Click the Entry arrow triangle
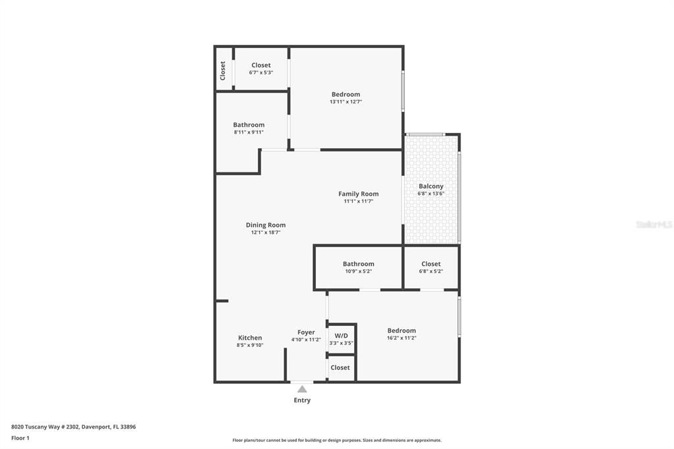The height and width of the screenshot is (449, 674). [x=302, y=389]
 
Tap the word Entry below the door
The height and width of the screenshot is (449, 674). [x=302, y=400]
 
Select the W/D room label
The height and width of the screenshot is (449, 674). [x=341, y=335]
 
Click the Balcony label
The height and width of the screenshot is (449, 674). [x=431, y=186]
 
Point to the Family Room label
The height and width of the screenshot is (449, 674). [x=358, y=194]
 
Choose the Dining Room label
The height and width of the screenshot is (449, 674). [x=266, y=225]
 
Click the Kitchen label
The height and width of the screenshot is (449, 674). [x=250, y=338]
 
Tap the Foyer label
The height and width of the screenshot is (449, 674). [x=306, y=332]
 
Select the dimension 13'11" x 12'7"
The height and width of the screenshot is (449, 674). [x=346, y=102]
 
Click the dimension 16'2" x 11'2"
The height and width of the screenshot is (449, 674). [x=402, y=338]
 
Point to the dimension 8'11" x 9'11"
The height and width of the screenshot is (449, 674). [x=249, y=132]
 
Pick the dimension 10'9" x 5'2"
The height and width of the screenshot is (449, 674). [x=358, y=271]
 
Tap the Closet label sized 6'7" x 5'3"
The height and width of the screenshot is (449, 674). [x=261, y=65]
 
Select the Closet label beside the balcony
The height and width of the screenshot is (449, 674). [x=431, y=264]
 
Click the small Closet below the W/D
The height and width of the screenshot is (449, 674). [x=340, y=367]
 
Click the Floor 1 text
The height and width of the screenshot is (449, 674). [x=20, y=438]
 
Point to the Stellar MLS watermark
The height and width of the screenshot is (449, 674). [x=654, y=224]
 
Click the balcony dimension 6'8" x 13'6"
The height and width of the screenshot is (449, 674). [x=431, y=194]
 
